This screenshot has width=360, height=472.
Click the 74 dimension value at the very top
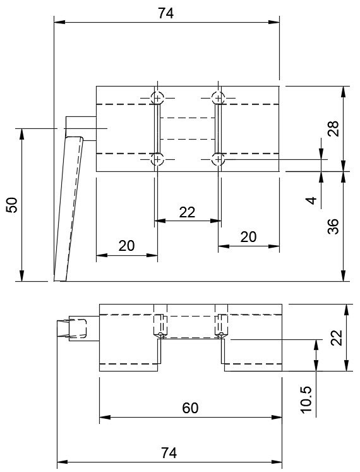(x=166, y=12)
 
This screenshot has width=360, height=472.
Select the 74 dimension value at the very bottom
(x=167, y=453)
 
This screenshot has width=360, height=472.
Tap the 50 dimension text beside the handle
(x=13, y=204)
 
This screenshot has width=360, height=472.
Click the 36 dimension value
(x=334, y=226)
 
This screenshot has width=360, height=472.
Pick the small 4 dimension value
(x=310, y=200)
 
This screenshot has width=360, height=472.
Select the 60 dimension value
(x=189, y=408)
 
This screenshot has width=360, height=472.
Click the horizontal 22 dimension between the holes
(x=187, y=212)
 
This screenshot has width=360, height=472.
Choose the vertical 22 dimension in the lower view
(x=335, y=338)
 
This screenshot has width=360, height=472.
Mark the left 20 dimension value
(x=126, y=246)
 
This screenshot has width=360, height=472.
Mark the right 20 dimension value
(x=248, y=236)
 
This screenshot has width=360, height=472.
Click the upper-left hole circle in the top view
(x=157, y=98)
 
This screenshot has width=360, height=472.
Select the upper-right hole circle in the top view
(x=218, y=98)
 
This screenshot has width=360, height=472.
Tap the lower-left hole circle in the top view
(x=157, y=159)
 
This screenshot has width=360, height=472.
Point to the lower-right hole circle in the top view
(x=218, y=159)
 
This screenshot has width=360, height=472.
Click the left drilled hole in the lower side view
(x=160, y=326)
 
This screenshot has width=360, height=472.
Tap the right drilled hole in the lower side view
(x=221, y=326)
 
